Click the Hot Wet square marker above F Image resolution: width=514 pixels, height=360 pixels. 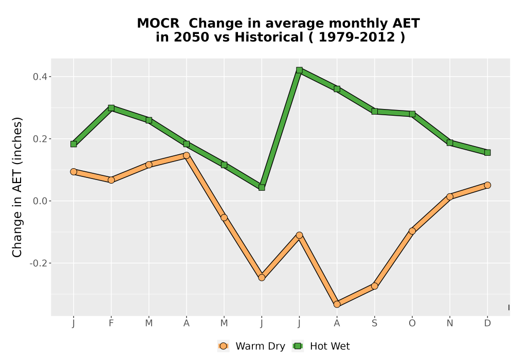111,108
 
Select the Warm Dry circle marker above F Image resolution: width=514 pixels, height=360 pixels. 111,180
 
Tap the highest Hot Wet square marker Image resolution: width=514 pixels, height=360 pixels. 299,70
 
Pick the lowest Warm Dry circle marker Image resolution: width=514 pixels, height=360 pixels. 337,304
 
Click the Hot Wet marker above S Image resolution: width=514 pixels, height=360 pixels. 375,112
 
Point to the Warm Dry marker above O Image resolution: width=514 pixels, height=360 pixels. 412,231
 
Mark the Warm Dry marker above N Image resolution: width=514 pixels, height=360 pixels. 450,197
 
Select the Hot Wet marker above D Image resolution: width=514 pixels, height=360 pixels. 487,152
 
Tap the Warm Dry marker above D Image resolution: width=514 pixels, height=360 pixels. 487,185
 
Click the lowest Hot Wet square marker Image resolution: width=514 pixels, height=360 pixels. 262,188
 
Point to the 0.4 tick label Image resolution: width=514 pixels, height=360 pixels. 40,77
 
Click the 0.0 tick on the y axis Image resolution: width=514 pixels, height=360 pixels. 40,201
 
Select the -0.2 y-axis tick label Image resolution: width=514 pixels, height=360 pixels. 39,263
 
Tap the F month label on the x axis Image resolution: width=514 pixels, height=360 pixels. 111,323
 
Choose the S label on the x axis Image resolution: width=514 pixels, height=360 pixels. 375,323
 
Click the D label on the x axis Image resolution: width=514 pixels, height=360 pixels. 487,323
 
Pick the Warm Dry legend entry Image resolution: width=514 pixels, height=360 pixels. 251,346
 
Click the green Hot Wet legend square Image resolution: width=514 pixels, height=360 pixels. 298,346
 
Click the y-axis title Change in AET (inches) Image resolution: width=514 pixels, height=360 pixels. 17,187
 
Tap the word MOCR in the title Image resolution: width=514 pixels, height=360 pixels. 158,24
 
